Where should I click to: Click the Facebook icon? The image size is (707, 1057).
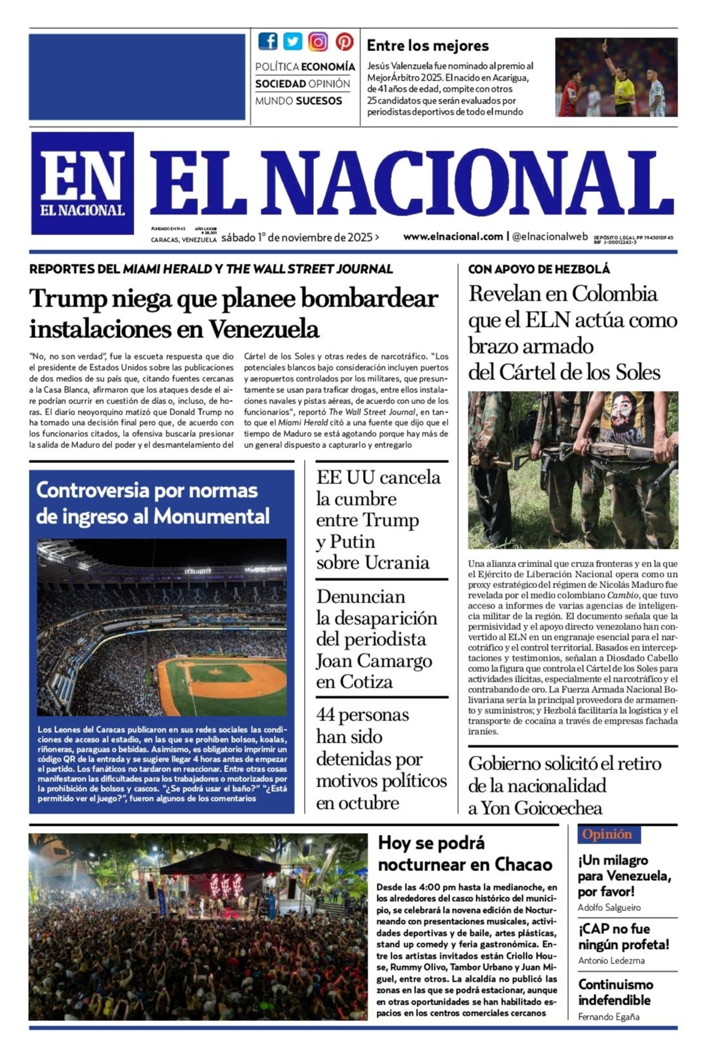(267, 41)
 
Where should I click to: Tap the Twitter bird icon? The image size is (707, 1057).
(293, 41)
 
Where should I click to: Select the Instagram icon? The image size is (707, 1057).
(318, 42)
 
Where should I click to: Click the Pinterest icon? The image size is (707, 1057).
(345, 41)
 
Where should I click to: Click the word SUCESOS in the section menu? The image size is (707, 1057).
(319, 101)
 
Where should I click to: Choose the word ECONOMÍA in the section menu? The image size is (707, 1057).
(328, 67)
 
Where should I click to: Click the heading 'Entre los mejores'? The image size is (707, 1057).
(427, 46)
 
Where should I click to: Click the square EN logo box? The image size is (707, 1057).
(83, 183)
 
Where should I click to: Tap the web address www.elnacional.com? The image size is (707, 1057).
(453, 236)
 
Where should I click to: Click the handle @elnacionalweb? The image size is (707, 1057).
(550, 236)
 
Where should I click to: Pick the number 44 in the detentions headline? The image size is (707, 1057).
(330, 714)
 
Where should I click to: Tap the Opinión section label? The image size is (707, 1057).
(607, 834)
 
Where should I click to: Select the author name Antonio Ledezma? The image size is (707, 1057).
(611, 961)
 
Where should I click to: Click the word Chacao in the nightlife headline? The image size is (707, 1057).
(524, 864)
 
